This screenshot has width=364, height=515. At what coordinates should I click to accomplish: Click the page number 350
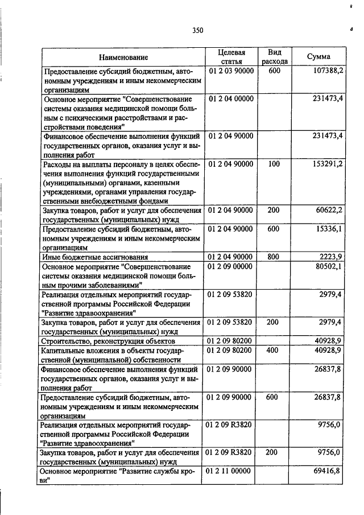(x=197, y=30)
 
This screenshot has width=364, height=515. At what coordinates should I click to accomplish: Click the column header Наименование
(x=123, y=57)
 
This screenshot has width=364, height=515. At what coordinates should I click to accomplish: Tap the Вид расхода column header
(x=275, y=57)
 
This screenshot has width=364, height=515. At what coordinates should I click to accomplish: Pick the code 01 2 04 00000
(x=231, y=98)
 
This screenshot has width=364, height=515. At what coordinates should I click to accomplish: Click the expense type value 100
(x=274, y=164)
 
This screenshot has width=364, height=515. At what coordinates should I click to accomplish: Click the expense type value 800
(x=274, y=257)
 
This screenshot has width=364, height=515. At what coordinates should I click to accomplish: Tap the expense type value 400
(x=274, y=350)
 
